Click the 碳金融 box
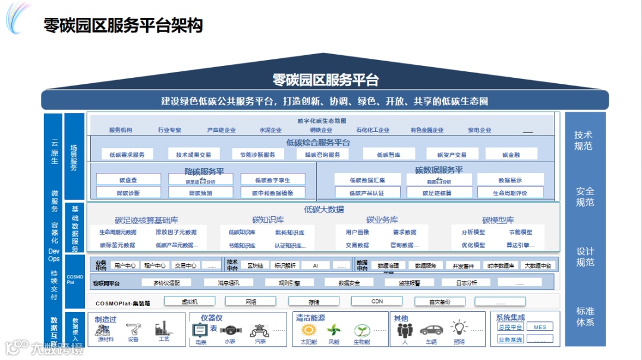coord(511,154)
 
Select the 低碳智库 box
coord(388,154)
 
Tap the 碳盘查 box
coord(128,179)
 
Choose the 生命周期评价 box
coord(510,192)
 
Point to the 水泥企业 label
coord(270,130)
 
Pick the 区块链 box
coord(255,266)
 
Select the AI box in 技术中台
coord(315,266)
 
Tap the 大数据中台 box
coord(538,266)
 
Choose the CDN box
coord(377,301)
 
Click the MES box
coord(539,327)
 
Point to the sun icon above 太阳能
coord(309,330)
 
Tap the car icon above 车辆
coord(431,330)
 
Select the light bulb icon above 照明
coord(459,328)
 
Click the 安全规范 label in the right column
coord(585,197)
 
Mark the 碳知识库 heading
coord(268,220)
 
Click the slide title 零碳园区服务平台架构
coord(124,25)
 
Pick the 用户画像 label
coord(357,232)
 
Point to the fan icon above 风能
coord(334,330)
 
